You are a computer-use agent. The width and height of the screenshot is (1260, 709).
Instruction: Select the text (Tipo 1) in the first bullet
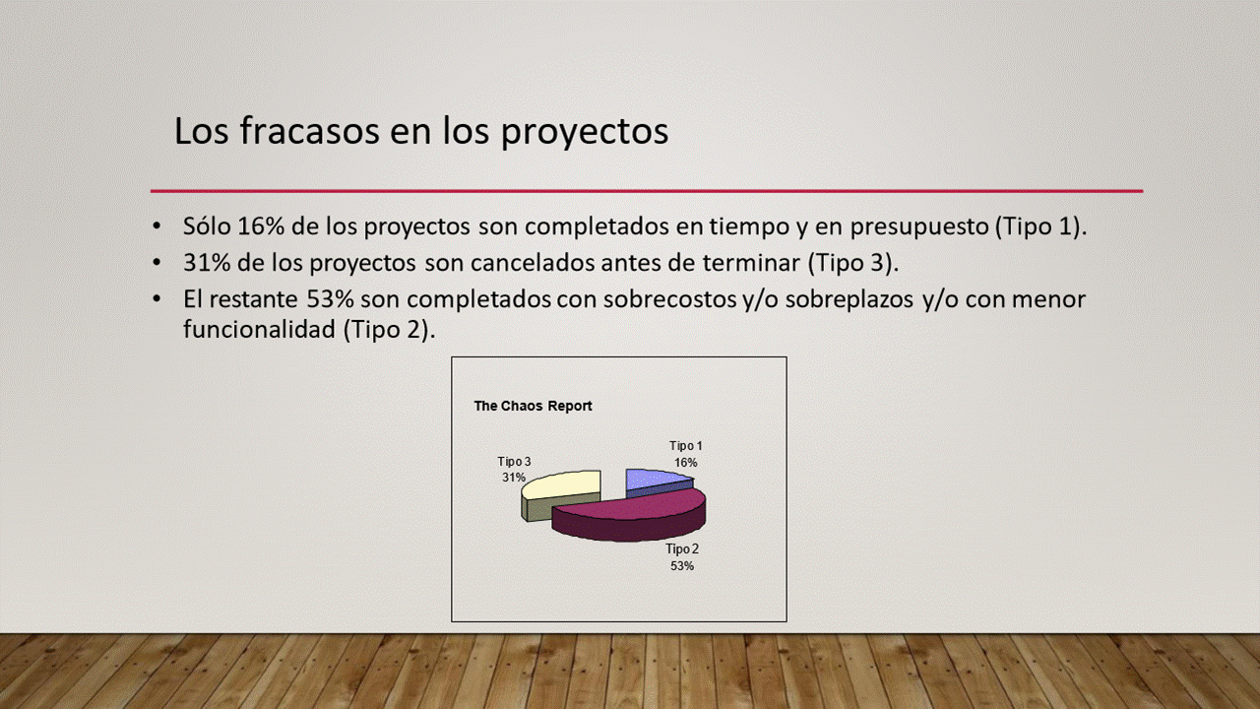1040,226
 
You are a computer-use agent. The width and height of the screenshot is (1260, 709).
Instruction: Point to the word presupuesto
919,227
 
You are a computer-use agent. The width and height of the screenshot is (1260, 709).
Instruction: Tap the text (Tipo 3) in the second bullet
852,263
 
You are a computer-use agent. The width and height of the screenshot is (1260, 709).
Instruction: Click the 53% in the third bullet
330,298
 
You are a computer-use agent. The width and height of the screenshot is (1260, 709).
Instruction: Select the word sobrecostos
670,298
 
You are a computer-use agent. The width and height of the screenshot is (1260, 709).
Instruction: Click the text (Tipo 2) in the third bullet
389,329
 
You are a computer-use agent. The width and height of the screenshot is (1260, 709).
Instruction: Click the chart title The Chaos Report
533,406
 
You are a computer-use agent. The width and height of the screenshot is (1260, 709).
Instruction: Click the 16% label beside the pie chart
686,463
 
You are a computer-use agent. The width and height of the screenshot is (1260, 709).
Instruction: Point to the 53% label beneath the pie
682,566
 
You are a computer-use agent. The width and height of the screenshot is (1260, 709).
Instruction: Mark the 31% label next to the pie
514,478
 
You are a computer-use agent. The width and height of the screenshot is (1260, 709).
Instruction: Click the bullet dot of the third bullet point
157,299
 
